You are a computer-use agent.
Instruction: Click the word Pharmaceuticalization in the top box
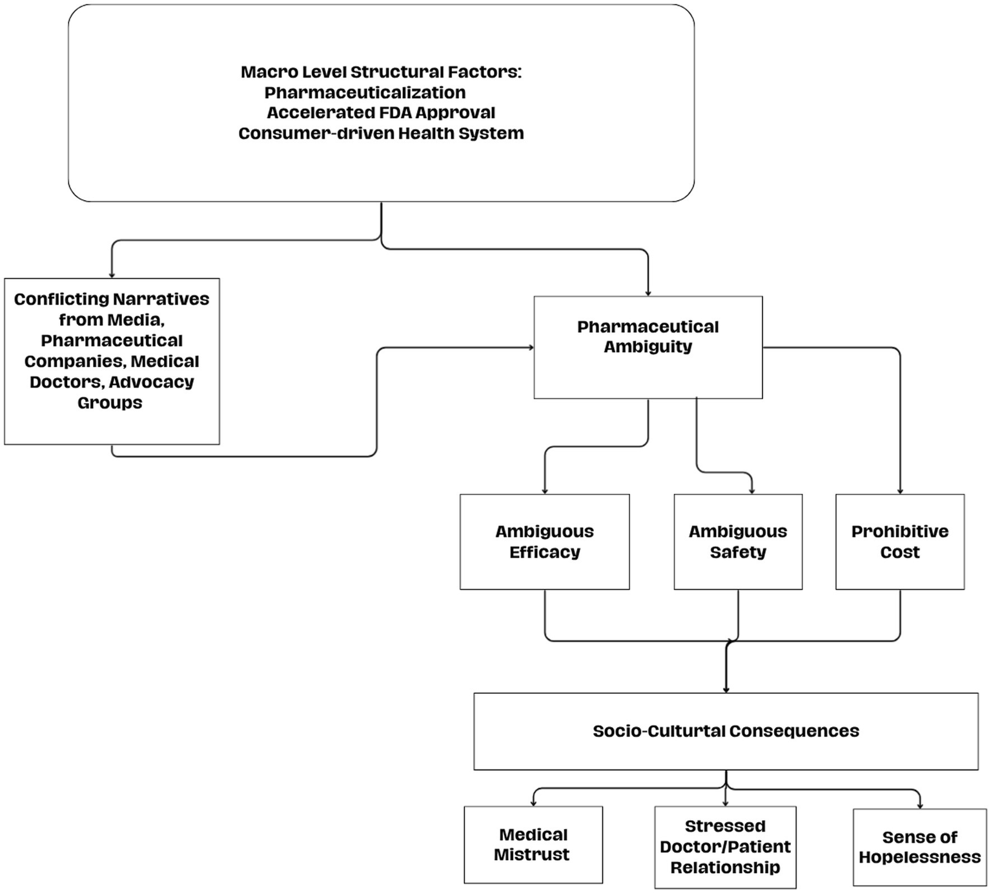coord(365,92)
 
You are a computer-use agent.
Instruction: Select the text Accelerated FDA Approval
coord(381,113)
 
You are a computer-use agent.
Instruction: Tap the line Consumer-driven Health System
coord(381,134)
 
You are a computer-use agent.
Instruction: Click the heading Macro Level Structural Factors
coord(381,72)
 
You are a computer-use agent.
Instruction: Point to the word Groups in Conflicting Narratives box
coord(110,403)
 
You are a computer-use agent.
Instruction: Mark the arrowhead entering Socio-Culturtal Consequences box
coord(726,690)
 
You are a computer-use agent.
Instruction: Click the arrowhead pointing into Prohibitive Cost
coord(900,492)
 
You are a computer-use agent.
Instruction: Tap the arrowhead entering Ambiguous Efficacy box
coord(545,492)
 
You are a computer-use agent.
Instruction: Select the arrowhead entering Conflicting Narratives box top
coord(112,276)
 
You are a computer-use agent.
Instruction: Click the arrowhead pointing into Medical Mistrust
coord(533,803)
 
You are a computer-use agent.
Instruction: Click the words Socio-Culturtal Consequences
coord(726,731)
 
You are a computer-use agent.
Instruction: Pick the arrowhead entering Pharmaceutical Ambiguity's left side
coord(531,348)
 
